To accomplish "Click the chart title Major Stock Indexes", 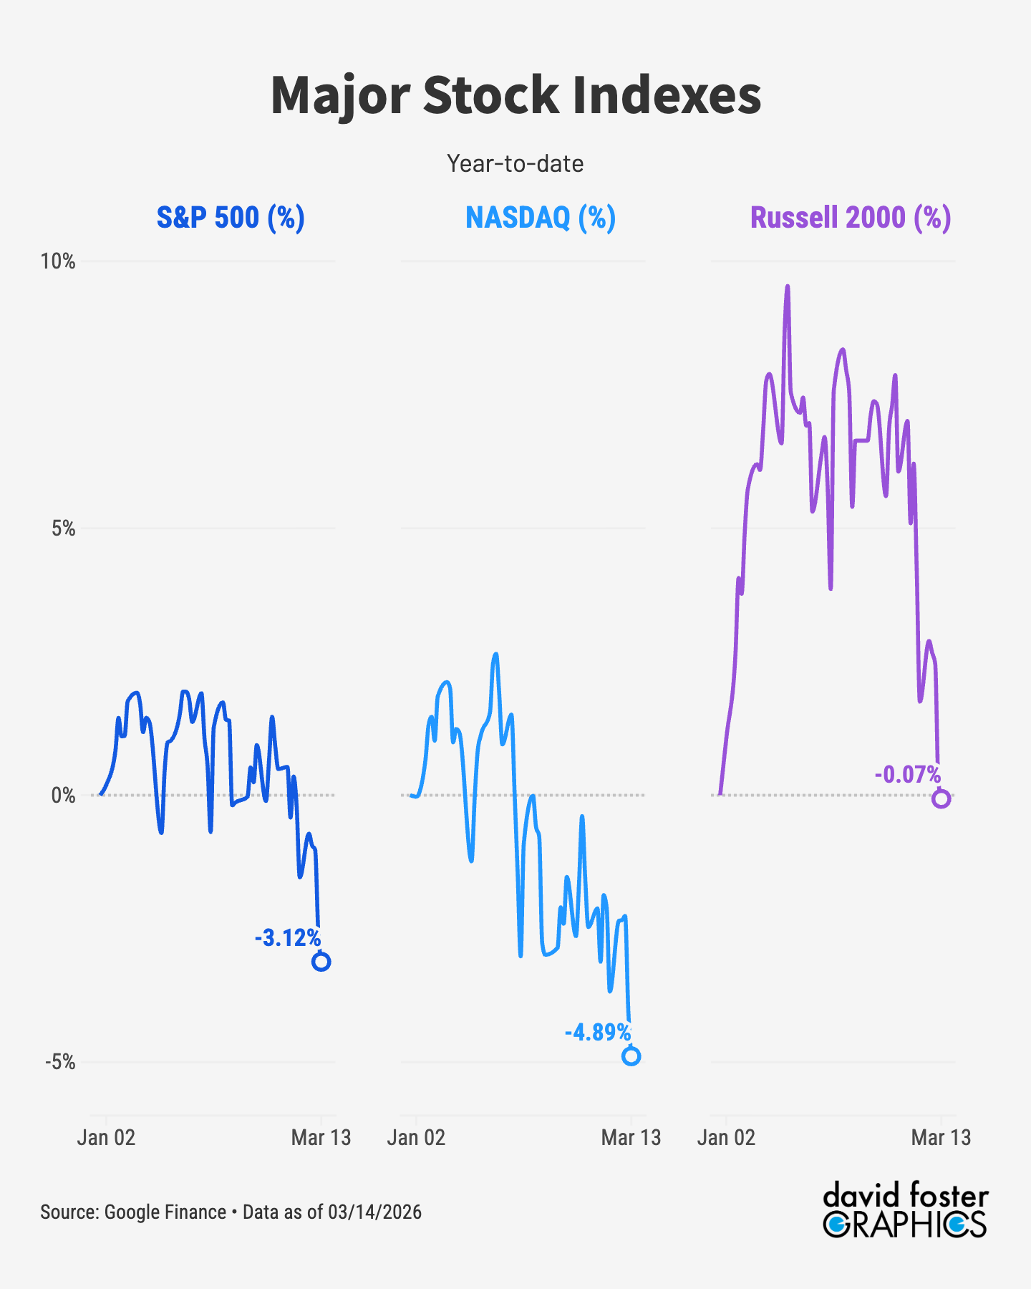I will point(515,95).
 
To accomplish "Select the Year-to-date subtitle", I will point(515,164).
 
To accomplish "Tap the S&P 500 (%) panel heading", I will point(231,217).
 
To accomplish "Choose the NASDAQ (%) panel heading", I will point(541,217).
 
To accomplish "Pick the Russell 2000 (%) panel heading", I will point(851,217).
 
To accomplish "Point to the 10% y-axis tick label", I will point(58,261).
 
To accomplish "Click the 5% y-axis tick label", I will point(63,528).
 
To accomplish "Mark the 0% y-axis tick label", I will point(63,795).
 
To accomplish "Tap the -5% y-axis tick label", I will point(60,1061).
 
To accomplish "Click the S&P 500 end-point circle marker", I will point(321,962).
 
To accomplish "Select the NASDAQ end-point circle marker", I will point(631,1056).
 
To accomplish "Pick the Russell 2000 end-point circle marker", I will point(942,799).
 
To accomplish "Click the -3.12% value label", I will point(288,937).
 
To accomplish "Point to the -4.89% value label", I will point(598,1032).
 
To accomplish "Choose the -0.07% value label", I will point(908,774).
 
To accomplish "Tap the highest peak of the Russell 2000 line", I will point(788,287).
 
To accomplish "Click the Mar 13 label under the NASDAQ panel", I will point(631,1137).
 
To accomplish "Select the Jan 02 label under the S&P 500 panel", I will point(106,1137).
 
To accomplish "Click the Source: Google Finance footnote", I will point(231,1212).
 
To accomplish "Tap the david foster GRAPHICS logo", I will point(906,1211).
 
